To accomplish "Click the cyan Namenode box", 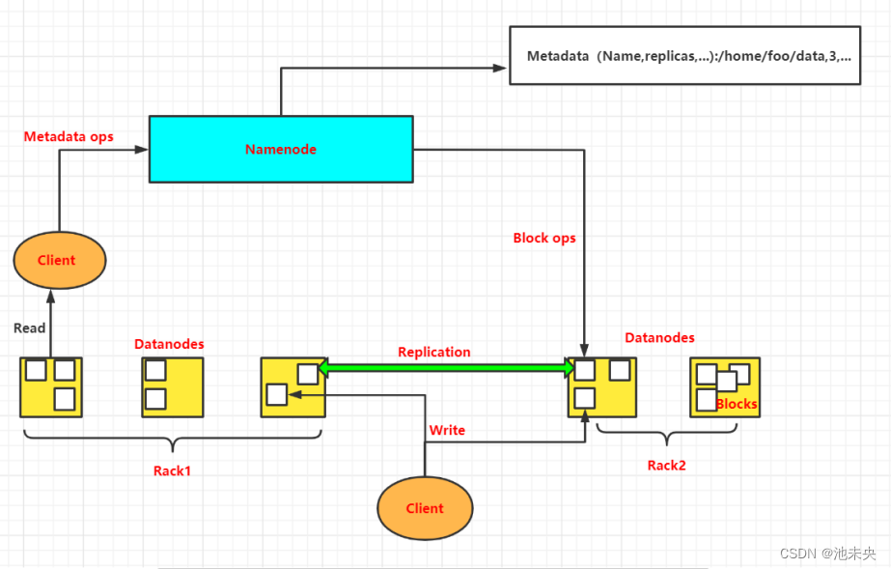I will pos(280,149).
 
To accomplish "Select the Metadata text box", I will pos(684,56).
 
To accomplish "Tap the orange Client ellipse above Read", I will pos(58,260).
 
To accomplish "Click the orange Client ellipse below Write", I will pos(425,508).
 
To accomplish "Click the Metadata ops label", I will pos(69,136).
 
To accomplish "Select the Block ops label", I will pos(544,238).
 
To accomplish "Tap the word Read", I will pos(29,327).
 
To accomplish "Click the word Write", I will pos(447,430).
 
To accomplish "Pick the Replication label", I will pos(434,352).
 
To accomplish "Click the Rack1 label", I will pos(172,470).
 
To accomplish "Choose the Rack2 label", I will pos(666,465).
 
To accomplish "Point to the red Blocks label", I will pos(737,404).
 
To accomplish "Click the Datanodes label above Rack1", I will pos(169,344).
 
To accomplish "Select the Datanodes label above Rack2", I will pos(659,337).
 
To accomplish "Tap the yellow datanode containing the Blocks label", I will pos(725,387).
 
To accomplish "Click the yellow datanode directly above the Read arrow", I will pos(51,386).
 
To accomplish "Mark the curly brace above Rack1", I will pos(172,441).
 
